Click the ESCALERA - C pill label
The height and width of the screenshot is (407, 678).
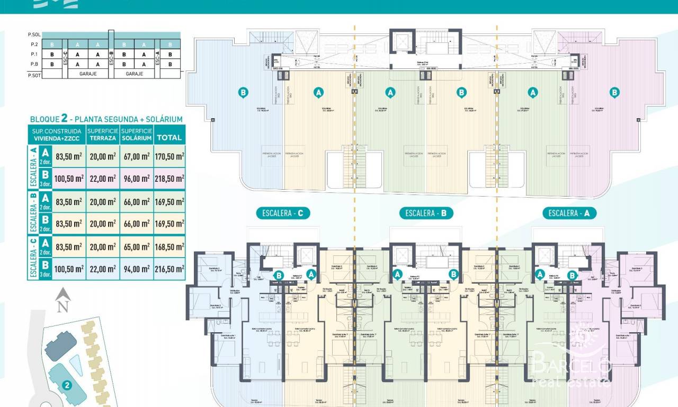tap(282, 214)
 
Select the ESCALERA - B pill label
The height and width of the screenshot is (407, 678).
tap(426, 214)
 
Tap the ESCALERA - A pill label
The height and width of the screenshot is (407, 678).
tap(569, 214)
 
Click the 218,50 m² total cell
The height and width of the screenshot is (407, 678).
tap(169, 179)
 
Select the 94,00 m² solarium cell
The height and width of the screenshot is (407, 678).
tap(136, 269)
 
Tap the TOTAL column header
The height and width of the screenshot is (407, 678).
tap(169, 137)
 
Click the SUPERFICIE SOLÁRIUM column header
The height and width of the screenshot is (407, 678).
tap(136, 134)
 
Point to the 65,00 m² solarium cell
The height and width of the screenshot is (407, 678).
tap(136, 247)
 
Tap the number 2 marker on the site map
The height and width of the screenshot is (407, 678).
tap(67, 386)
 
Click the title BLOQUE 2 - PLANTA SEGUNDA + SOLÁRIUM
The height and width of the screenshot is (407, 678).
tap(106, 119)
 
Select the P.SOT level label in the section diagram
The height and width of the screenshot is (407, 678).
tap(34, 75)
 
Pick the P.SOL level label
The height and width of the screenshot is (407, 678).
tap(34, 34)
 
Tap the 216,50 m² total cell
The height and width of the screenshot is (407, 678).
tap(169, 269)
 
